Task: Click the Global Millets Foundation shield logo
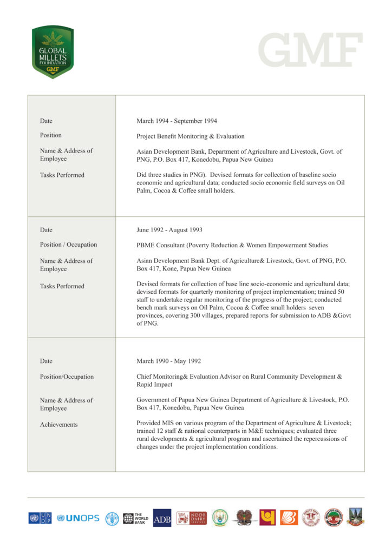tap(53, 52)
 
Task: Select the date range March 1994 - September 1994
tap(177, 121)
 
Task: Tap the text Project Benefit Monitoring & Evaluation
tap(190, 136)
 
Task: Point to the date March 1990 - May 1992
tap(169, 361)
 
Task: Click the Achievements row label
tap(58, 425)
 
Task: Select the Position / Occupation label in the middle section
tap(68, 245)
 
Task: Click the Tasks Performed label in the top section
tap(62, 175)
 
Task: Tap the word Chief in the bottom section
tap(145, 377)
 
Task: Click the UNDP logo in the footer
tap(40, 518)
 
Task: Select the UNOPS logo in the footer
tap(79, 518)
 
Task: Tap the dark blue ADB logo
tap(162, 518)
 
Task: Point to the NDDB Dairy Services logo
tap(192, 518)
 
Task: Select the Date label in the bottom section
tap(46, 361)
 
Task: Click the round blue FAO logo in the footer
tap(112, 518)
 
